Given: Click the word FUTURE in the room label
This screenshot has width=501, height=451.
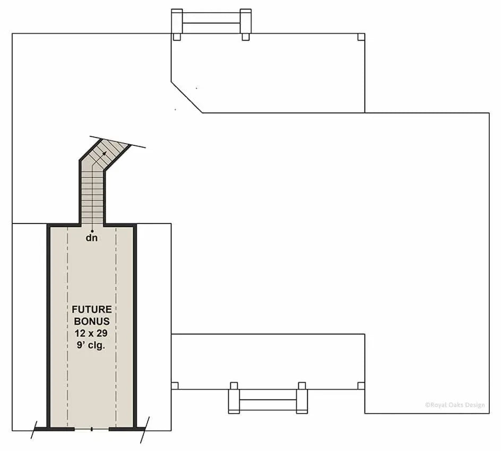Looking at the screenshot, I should [x=92, y=309].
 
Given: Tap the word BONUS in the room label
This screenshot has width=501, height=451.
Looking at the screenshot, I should [x=92, y=321].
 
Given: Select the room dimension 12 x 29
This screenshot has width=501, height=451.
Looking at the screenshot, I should [x=92, y=333].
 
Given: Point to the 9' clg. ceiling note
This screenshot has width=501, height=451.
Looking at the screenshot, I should [x=92, y=345].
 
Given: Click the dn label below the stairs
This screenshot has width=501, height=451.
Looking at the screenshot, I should [x=92, y=238].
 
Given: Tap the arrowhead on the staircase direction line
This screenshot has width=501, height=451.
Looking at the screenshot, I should [x=105, y=152].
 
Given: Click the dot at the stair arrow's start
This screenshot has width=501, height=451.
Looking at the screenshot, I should [x=92, y=231].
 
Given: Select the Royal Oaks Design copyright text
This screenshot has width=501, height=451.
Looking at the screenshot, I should [x=455, y=405].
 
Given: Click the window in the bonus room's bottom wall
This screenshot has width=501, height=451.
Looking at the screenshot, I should [x=92, y=428].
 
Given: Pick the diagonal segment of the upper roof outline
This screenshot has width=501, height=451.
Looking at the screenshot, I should [x=186, y=97].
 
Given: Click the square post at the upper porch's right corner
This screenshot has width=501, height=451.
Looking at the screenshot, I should [x=361, y=37].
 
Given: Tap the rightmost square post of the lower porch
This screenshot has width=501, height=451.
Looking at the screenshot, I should [x=361, y=385].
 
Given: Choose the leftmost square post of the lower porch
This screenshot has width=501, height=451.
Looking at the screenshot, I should [x=175, y=385].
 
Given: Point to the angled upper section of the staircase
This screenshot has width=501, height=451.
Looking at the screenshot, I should [x=106, y=151].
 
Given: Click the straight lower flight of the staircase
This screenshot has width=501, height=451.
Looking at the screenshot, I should [x=92, y=196].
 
